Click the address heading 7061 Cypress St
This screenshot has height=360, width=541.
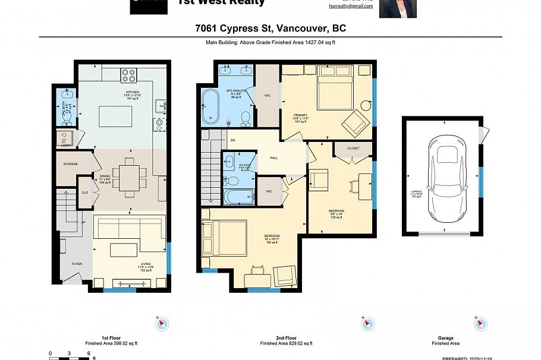[270, 28]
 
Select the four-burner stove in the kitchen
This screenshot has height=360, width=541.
[129, 75]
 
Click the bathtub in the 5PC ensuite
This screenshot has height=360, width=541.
[210, 107]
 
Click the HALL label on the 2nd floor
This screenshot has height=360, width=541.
[273, 158]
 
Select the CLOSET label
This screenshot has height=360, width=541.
[353, 149]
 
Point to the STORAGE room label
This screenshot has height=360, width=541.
[71, 164]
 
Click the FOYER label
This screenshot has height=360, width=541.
[77, 264]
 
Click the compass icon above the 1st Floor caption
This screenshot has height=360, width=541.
[162, 324]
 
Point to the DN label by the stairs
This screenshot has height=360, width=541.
[233, 141]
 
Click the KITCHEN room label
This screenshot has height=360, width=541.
[132, 92]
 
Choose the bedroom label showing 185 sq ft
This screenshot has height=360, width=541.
[272, 239]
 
